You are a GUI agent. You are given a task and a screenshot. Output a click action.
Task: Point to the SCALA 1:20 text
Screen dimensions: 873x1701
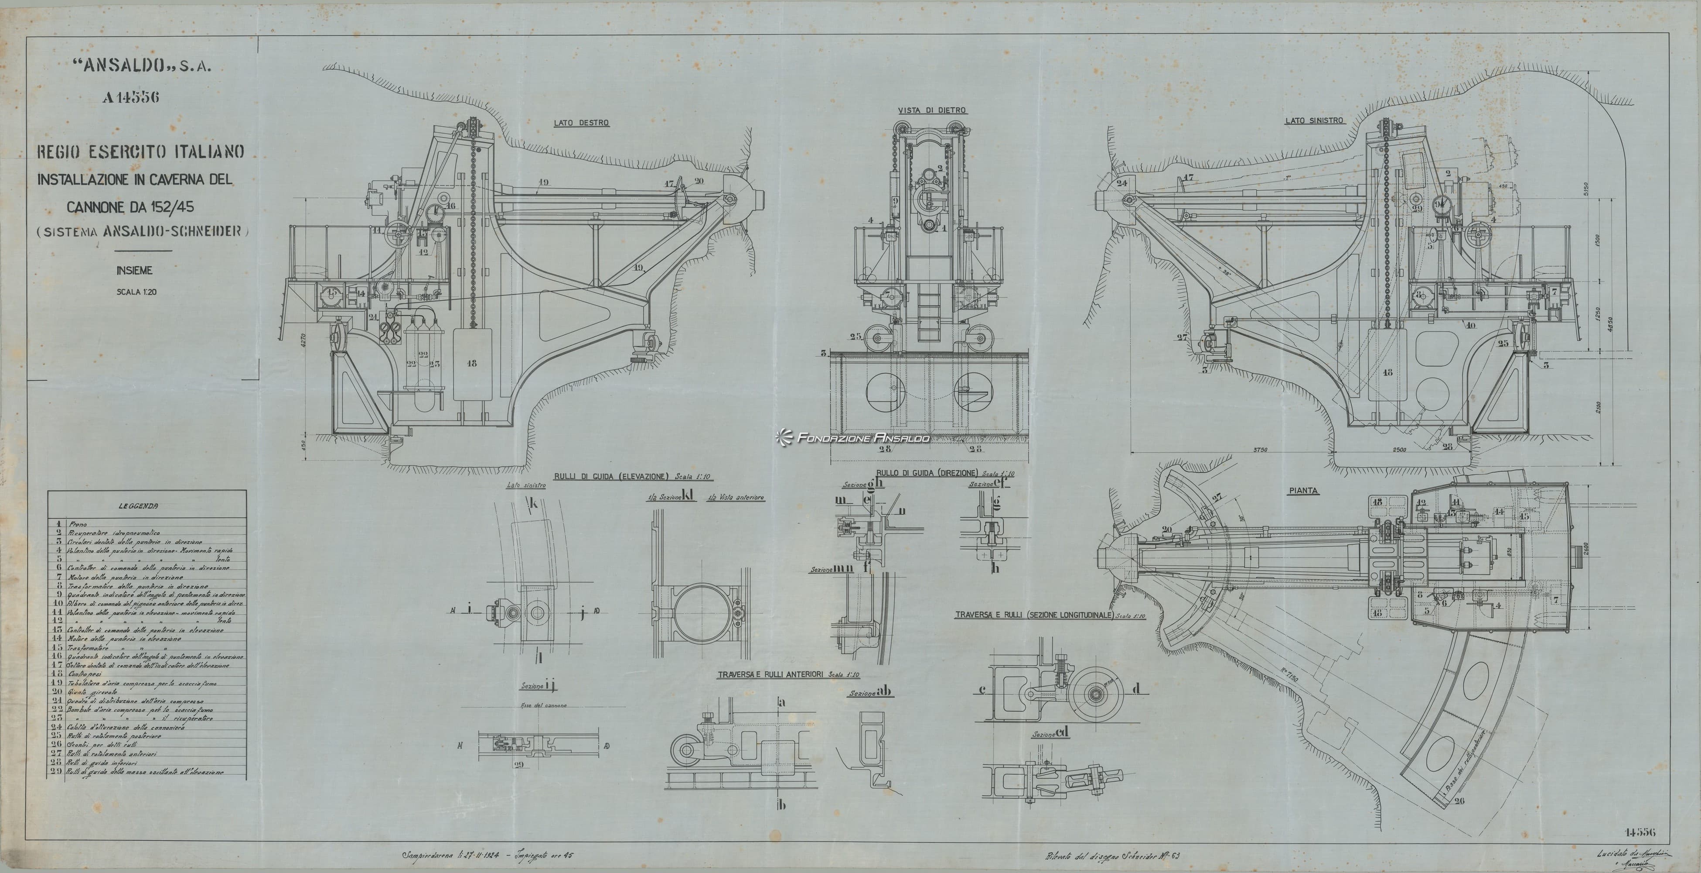pyautogui.click(x=136, y=292)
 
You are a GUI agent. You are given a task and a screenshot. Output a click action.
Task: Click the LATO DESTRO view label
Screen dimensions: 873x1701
pyautogui.click(x=581, y=123)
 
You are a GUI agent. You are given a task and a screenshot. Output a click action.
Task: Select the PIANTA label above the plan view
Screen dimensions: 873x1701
pyautogui.click(x=1303, y=491)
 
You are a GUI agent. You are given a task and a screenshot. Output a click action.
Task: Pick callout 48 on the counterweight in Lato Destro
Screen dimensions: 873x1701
pyautogui.click(x=471, y=363)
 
